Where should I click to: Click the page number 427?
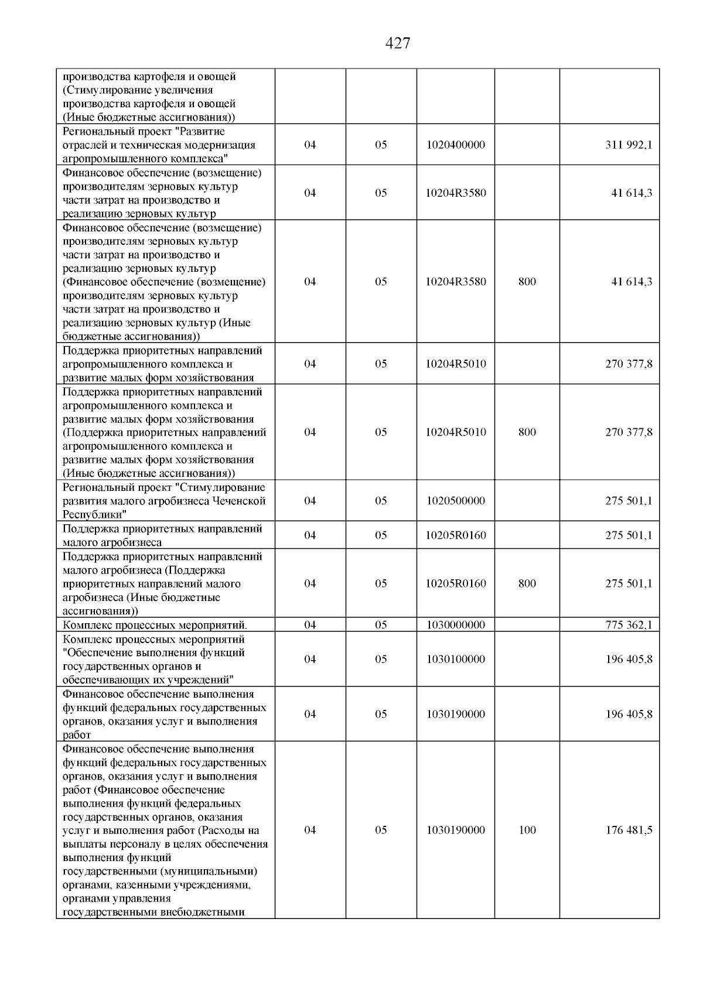398,43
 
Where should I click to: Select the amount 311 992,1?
628,145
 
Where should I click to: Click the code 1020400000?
456,145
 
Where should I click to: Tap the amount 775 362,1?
628,625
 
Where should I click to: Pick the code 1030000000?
456,625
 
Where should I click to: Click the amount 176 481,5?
628,830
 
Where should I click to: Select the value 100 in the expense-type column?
527,830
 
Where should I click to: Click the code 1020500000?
456,501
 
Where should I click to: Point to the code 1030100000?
456,660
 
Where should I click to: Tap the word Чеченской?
239,501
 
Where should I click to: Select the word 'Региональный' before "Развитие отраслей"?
93,131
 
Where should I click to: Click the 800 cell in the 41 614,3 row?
527,282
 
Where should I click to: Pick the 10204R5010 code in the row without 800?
456,364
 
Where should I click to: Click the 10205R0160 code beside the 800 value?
456,583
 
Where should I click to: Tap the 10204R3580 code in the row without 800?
456,193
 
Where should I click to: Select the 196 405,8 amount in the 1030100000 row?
628,660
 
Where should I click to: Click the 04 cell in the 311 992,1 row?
310,145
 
